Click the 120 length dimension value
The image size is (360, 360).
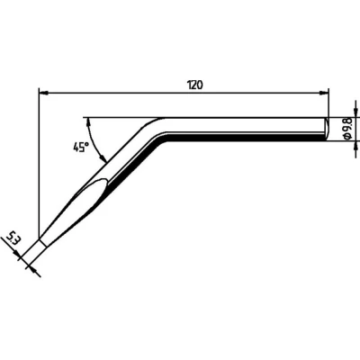[194, 84]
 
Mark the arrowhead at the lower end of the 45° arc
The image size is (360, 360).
[105, 158]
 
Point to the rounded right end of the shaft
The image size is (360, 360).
[323, 130]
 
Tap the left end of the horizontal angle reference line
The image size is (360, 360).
[84, 118]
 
